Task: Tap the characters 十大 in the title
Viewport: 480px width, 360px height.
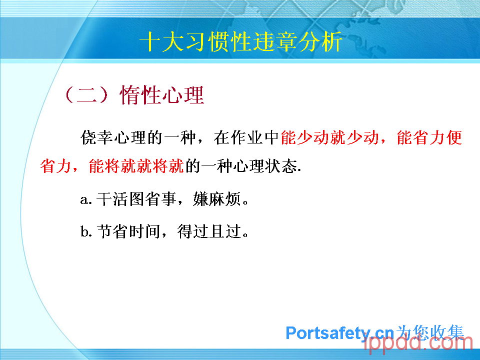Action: (162, 41)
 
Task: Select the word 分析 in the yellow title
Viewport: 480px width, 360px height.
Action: (320, 41)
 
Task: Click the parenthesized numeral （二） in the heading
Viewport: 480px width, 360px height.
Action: (86, 94)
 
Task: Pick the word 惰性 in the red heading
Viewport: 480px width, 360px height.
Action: (140, 94)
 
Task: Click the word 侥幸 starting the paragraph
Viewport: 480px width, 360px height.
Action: (96, 137)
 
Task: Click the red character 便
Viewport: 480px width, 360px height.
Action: (454, 137)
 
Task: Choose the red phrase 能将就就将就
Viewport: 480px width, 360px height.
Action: (136, 166)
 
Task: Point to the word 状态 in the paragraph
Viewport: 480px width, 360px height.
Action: (281, 166)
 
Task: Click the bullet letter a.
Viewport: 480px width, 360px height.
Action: (84, 200)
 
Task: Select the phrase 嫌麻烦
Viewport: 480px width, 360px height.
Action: (216, 199)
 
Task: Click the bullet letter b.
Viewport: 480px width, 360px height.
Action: (84, 231)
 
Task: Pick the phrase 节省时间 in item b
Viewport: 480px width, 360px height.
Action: (128, 231)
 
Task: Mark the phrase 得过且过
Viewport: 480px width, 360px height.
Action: (209, 231)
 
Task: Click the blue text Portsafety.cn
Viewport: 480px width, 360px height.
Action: (339, 333)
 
